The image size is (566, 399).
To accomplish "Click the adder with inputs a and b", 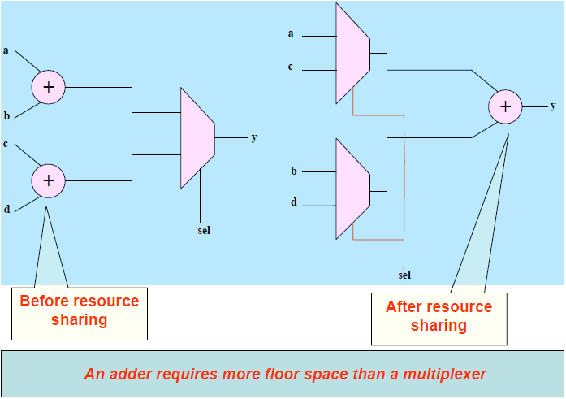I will click(x=49, y=87).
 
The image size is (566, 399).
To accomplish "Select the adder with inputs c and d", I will click(x=49, y=180).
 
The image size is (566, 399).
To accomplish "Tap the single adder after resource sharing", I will click(x=505, y=106).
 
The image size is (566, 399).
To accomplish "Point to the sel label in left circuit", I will click(x=204, y=230).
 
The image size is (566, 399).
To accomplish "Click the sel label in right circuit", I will click(x=404, y=275).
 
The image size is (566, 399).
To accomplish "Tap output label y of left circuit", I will click(x=253, y=137).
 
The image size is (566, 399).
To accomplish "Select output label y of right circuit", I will click(x=553, y=106).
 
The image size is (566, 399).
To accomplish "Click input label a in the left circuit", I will click(x=6, y=50).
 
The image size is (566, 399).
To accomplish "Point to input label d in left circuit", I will click(x=6, y=209).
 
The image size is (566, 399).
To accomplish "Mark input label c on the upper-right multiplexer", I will click(x=290, y=67).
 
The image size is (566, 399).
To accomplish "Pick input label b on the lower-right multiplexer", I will click(x=294, y=171).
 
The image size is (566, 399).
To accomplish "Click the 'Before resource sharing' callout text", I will click(x=79, y=310).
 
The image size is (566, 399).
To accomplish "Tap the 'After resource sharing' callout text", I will click(x=439, y=316).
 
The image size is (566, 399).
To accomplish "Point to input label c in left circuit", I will click(x=6, y=144).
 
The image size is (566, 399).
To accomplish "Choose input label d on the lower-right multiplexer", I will click(x=294, y=202).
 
